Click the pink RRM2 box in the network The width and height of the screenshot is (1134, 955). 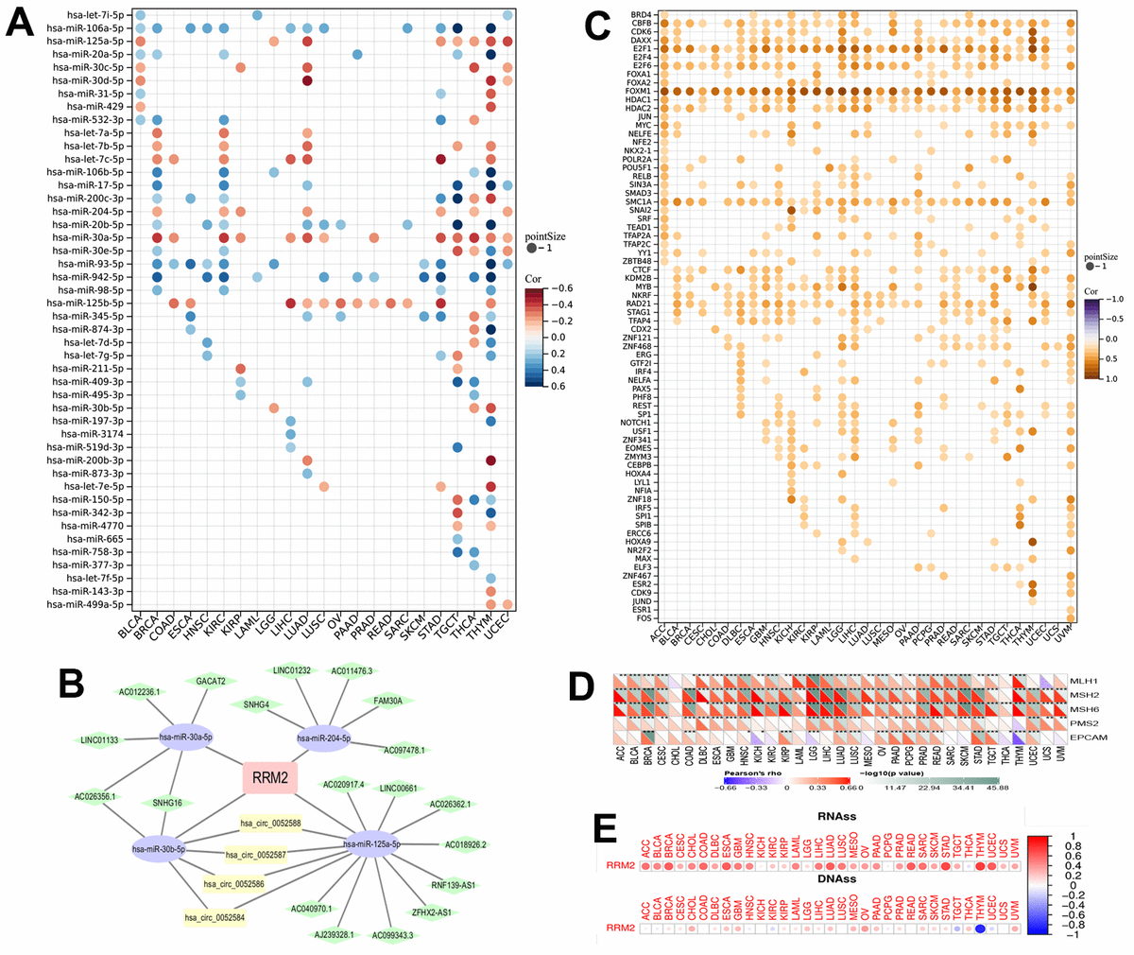click(269, 777)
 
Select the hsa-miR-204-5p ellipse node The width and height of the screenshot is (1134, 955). click(324, 738)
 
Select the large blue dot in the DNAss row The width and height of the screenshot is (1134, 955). click(981, 930)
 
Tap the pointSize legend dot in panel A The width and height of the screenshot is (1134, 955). click(536, 248)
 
